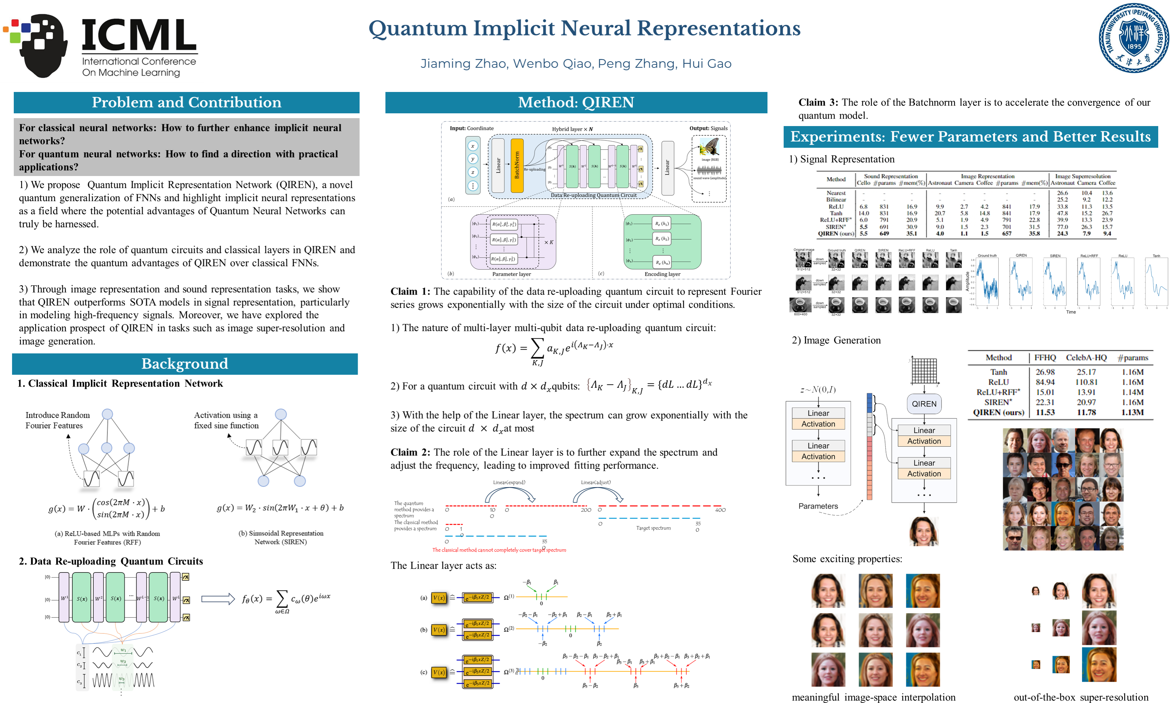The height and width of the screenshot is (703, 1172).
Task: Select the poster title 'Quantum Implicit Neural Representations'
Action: (x=584, y=29)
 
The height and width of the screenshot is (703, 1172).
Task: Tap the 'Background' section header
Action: (x=185, y=364)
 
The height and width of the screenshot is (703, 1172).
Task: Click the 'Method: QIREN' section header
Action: (x=576, y=102)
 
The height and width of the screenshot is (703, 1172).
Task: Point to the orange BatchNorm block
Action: (x=517, y=165)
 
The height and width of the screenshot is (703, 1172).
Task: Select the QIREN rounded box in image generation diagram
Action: (x=924, y=404)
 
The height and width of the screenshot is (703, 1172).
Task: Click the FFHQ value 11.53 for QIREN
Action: (x=1044, y=413)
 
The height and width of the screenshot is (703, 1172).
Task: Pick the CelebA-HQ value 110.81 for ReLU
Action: (x=1086, y=382)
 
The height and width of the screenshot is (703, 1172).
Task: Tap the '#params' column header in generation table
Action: (x=1133, y=358)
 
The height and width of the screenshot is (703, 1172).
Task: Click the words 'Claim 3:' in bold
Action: (x=818, y=102)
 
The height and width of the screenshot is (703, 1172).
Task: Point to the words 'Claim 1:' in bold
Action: (x=410, y=291)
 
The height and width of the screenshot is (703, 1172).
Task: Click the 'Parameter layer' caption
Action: (x=511, y=274)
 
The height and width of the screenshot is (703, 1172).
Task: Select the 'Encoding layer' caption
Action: (x=662, y=274)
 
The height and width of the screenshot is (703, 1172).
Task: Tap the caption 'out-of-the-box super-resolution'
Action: (x=1081, y=697)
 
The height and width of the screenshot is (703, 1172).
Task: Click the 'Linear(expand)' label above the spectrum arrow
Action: (x=509, y=482)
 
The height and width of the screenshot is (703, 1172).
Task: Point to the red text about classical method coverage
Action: (x=499, y=550)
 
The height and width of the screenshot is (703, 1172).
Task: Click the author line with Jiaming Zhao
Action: (x=576, y=63)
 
